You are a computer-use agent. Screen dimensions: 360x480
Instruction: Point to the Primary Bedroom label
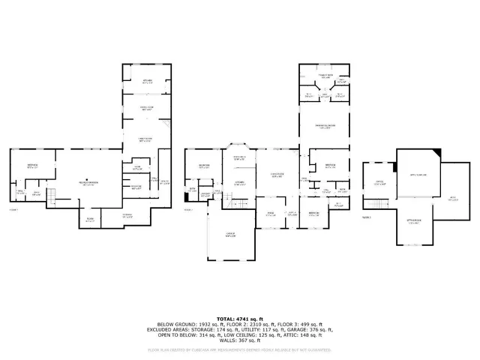click(x=325, y=125)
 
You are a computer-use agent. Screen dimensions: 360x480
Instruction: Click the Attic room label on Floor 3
click(x=431, y=199)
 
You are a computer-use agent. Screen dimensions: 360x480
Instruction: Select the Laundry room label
click(x=205, y=194)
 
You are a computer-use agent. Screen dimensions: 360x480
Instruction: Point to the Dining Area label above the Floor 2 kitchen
click(x=240, y=158)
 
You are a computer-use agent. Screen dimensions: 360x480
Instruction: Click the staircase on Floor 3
click(x=375, y=205)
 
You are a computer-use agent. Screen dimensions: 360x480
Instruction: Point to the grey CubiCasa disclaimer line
click(x=239, y=349)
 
